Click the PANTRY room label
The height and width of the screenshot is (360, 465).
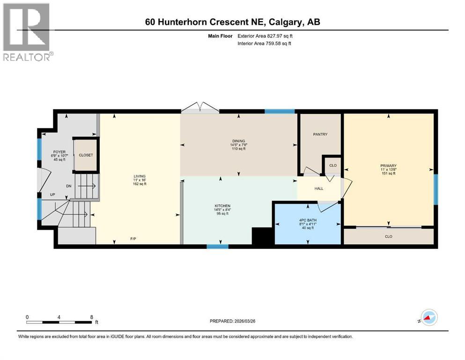(320, 135)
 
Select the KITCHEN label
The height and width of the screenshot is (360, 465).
(223, 206)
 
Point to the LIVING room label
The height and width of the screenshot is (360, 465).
(139, 176)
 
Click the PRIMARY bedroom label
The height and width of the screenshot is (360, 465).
(388, 165)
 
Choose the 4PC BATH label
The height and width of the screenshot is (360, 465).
(308, 220)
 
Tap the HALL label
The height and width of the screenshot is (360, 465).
(318, 188)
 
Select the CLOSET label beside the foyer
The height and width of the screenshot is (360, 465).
(86, 155)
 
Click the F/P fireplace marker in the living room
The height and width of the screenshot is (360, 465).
(133, 239)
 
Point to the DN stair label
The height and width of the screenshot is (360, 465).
(69, 186)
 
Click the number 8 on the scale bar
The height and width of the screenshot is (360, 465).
(91, 317)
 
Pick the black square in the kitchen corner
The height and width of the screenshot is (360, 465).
(262, 236)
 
